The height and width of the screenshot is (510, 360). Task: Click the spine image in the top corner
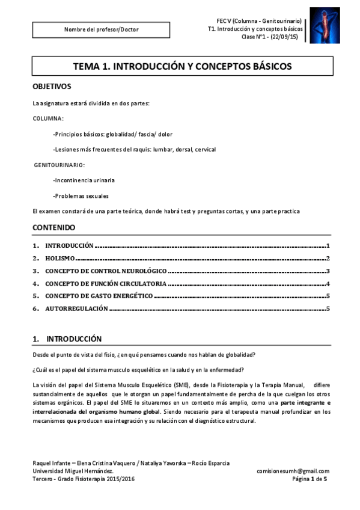coord(324,25)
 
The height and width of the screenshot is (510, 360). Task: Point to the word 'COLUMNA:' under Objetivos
coord(48,118)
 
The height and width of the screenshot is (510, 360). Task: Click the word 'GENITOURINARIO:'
coord(59,164)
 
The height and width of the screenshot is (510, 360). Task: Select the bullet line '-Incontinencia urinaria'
coord(84,180)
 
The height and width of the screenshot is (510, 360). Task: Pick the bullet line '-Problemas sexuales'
coord(81,195)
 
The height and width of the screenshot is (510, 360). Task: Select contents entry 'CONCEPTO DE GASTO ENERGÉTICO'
coord(99,296)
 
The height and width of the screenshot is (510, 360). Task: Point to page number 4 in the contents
coord(328,283)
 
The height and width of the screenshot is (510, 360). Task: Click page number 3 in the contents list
coord(328,271)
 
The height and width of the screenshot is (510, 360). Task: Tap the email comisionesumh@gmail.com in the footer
coord(293,471)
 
